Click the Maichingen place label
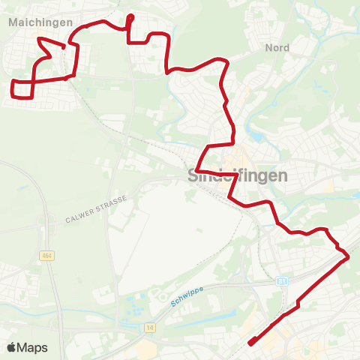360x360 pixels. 40,22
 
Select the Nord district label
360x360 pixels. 277,47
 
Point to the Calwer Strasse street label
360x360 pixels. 97,208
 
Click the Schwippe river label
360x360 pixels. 187,298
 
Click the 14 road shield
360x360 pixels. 150,327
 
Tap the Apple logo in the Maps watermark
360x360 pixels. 12,347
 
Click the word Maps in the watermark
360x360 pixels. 32,347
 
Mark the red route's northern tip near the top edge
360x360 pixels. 130,16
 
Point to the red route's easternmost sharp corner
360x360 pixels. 349,257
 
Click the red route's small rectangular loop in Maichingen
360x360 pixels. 22,88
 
